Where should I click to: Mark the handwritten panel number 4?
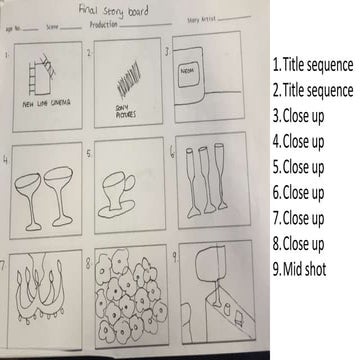pos(7,157)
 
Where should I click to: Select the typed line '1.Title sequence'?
pos(312,65)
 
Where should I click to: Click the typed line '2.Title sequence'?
pos(312,90)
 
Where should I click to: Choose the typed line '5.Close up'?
pos(299,167)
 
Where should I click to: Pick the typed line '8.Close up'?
pos(299,244)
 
